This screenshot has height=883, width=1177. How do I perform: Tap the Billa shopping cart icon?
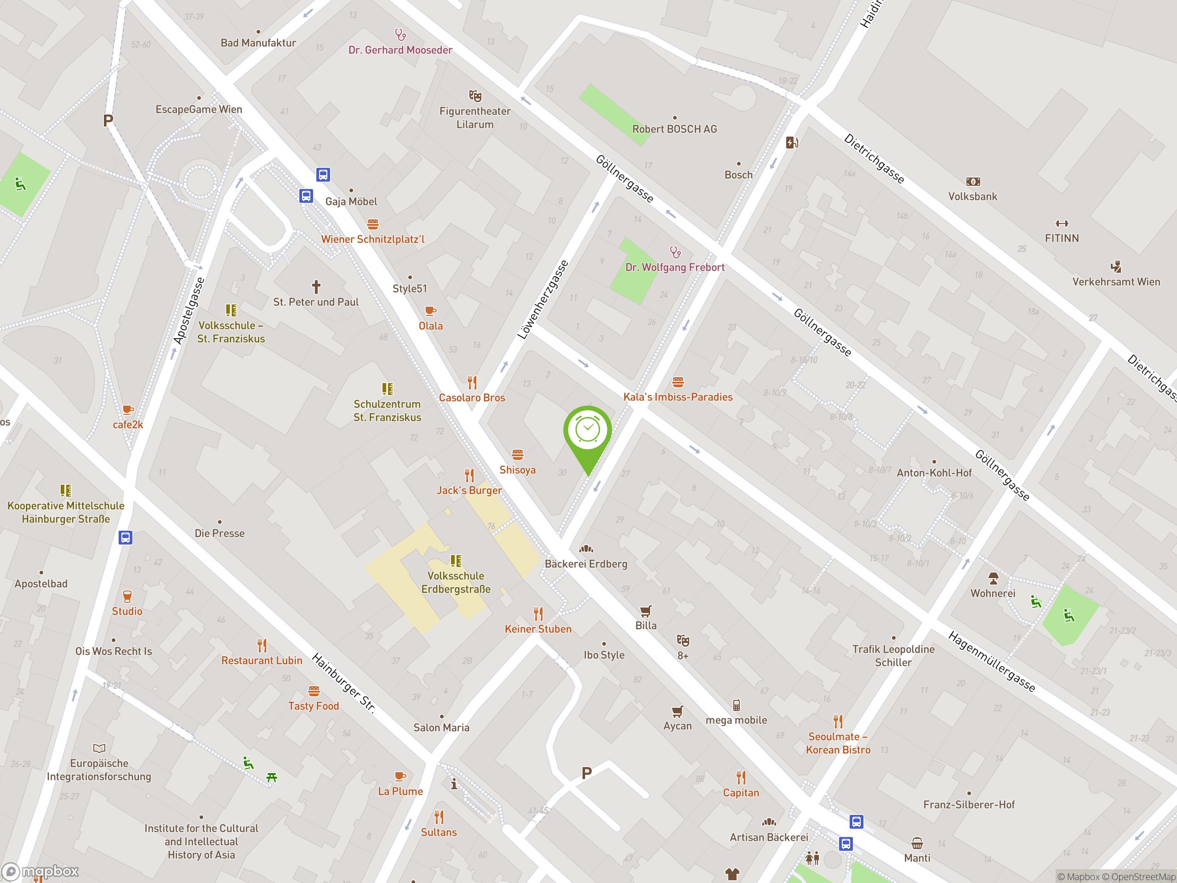point(646,611)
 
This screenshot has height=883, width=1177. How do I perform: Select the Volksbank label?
point(973,196)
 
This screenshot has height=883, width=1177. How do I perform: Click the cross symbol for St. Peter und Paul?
point(316,287)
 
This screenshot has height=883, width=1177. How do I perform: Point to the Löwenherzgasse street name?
point(543,300)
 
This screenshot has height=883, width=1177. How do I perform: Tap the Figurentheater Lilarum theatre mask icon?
point(475,96)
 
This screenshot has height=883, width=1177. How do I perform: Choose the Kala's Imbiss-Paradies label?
point(678,397)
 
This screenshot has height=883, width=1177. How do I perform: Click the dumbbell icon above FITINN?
point(1062,224)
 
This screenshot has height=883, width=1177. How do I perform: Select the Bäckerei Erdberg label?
point(586,564)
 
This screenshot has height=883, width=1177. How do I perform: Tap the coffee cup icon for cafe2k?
point(128,410)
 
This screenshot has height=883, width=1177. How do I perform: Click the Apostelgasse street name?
point(189,311)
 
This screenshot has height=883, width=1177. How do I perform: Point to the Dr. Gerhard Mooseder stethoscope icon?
point(400,35)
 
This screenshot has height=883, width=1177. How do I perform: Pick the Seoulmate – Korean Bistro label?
point(838,743)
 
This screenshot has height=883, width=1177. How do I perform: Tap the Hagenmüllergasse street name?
point(992,662)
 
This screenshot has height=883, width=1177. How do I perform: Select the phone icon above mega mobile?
point(737,705)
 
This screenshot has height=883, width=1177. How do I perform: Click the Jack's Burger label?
point(469,490)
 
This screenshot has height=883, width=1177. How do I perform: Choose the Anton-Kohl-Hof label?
point(934,473)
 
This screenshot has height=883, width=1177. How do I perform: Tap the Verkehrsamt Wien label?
point(1116,281)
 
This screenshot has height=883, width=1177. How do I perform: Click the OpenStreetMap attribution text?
point(1143,877)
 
